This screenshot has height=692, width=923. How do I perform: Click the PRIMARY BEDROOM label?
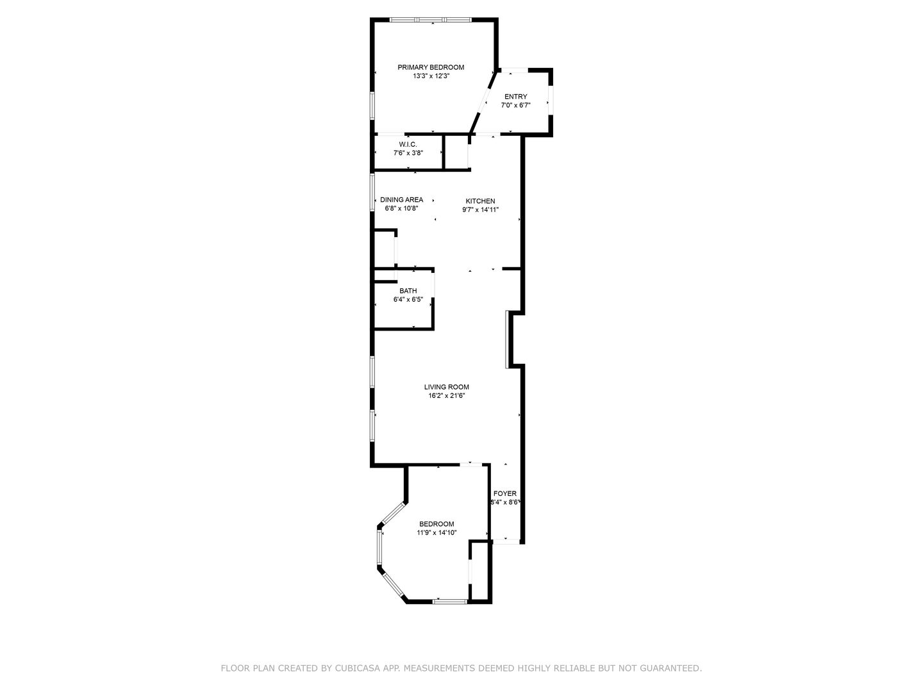(431, 67)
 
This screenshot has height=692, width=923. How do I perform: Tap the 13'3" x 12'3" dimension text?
(431, 76)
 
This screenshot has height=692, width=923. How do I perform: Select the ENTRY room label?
(515, 97)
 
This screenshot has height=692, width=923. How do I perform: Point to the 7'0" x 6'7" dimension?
(515, 106)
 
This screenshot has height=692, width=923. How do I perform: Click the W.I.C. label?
(408, 145)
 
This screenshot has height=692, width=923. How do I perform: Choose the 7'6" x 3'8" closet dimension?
(408, 153)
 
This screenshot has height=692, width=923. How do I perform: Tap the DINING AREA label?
(402, 199)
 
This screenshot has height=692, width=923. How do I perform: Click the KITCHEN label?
(480, 201)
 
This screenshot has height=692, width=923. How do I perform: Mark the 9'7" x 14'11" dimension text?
(480, 210)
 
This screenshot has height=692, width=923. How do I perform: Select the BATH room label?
(408, 291)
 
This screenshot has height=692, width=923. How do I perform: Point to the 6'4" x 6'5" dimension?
(408, 300)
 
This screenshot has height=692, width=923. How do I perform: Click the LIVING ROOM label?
(446, 387)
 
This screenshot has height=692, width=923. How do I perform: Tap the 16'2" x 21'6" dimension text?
(446, 396)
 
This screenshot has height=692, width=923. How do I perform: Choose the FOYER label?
(504, 493)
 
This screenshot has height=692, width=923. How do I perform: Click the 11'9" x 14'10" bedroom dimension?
(437, 532)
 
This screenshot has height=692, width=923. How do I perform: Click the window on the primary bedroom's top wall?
(430, 19)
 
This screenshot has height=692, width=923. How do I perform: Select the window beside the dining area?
(372, 192)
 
